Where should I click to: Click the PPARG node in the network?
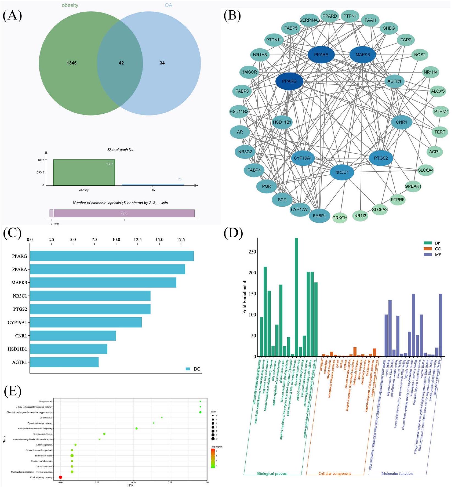(x=289, y=81)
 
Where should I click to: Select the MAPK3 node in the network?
(x=363, y=54)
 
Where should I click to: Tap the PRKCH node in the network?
(x=340, y=218)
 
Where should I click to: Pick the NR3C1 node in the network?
(x=342, y=172)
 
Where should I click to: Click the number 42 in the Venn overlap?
(x=121, y=63)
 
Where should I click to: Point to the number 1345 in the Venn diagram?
(x=72, y=63)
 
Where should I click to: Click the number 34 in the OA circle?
(x=162, y=63)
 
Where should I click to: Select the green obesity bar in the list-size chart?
(x=84, y=173)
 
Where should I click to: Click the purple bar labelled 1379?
(x=124, y=214)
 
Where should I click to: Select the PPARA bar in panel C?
(x=107, y=269)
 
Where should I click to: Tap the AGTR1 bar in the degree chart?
(x=64, y=362)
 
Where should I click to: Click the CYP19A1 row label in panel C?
(x=17, y=322)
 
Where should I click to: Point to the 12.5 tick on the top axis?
(x=138, y=240)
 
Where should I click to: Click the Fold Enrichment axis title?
(x=245, y=297)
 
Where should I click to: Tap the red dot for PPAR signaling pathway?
(x=61, y=477)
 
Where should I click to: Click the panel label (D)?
(x=233, y=233)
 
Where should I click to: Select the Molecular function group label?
(x=397, y=474)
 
